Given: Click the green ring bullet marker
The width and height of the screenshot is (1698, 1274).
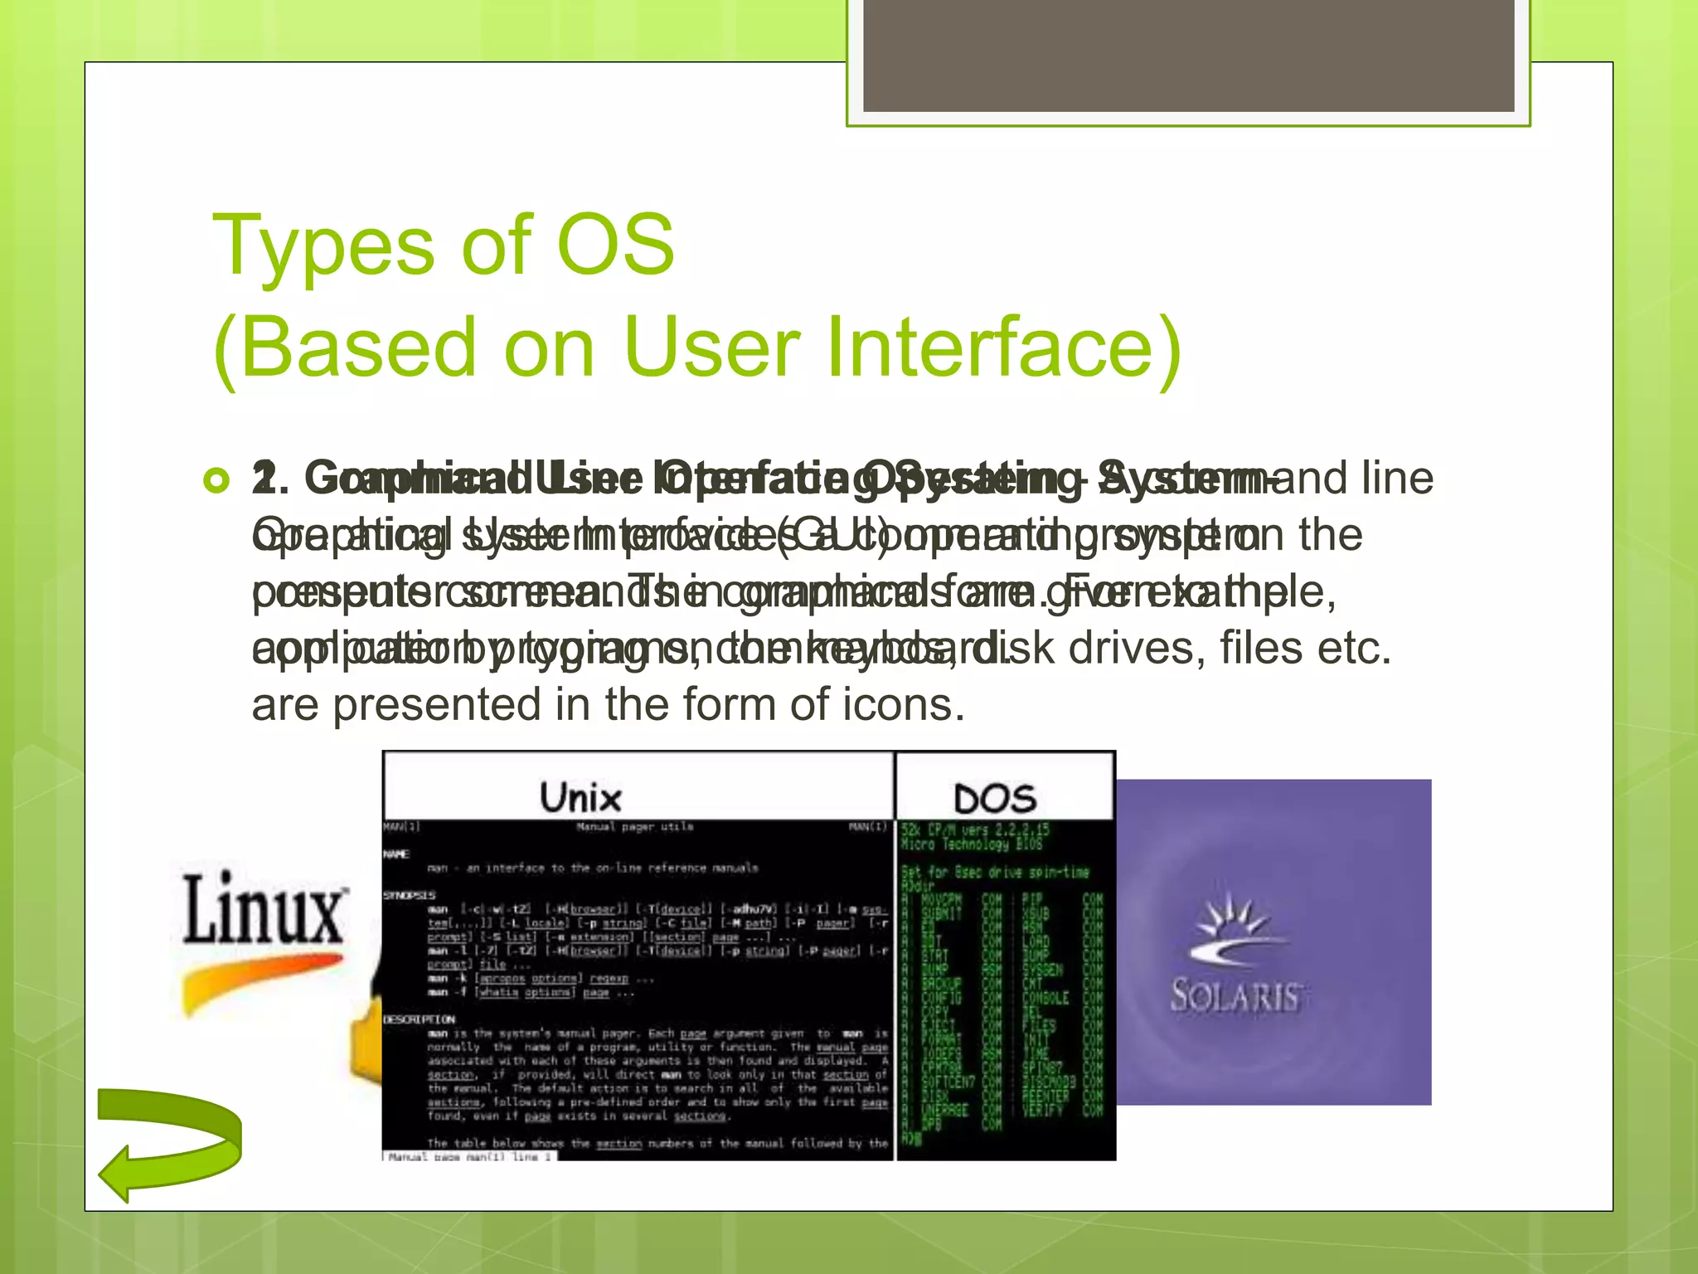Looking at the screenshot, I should (216, 480).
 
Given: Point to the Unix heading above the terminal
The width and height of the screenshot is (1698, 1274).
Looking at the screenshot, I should (580, 798).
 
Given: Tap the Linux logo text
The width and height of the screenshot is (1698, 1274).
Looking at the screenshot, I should (264, 909).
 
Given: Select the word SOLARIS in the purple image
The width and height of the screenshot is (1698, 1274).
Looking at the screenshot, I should (1235, 995).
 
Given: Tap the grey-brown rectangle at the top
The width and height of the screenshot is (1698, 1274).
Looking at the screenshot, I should (1188, 55).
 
